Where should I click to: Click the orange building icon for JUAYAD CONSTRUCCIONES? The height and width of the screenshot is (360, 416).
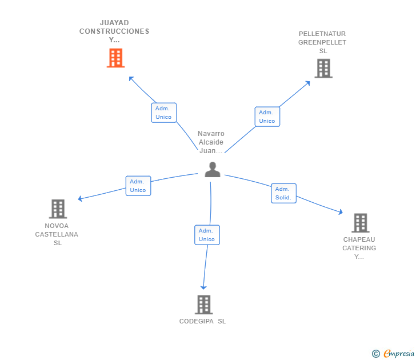coord(115,58)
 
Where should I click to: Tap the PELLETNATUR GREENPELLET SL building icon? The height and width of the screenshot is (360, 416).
coord(323,69)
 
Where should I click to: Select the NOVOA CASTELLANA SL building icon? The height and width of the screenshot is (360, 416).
coord(58,209)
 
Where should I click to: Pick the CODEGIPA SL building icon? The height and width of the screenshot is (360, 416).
coord(203,305)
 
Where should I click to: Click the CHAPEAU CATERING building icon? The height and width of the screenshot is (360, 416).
coord(360,222)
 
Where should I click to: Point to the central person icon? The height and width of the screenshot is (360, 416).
coord(212,170)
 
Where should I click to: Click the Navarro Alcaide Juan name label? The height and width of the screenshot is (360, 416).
coord(211,142)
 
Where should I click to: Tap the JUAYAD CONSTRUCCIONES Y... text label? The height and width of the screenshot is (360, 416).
coord(114,31)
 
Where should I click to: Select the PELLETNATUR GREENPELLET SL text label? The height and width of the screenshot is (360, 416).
coord(322,42)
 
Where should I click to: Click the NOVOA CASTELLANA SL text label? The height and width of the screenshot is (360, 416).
coord(57,234)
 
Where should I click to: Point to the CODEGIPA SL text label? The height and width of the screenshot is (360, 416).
coord(202,321)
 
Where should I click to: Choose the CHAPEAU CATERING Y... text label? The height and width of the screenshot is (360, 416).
coord(359,248)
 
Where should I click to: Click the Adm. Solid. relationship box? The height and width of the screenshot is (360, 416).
coord(283,193)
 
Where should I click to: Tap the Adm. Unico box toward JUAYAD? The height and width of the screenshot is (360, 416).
coord(163,113)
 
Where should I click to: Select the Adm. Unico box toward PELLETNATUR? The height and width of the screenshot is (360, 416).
coord(267,117)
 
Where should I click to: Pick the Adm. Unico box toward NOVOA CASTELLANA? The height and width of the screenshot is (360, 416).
coord(138,186)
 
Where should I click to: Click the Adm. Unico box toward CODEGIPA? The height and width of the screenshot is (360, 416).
coord(207,235)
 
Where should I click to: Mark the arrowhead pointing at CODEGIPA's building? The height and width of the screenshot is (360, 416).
coord(203,287)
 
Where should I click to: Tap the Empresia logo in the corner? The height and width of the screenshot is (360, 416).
coord(394,354)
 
